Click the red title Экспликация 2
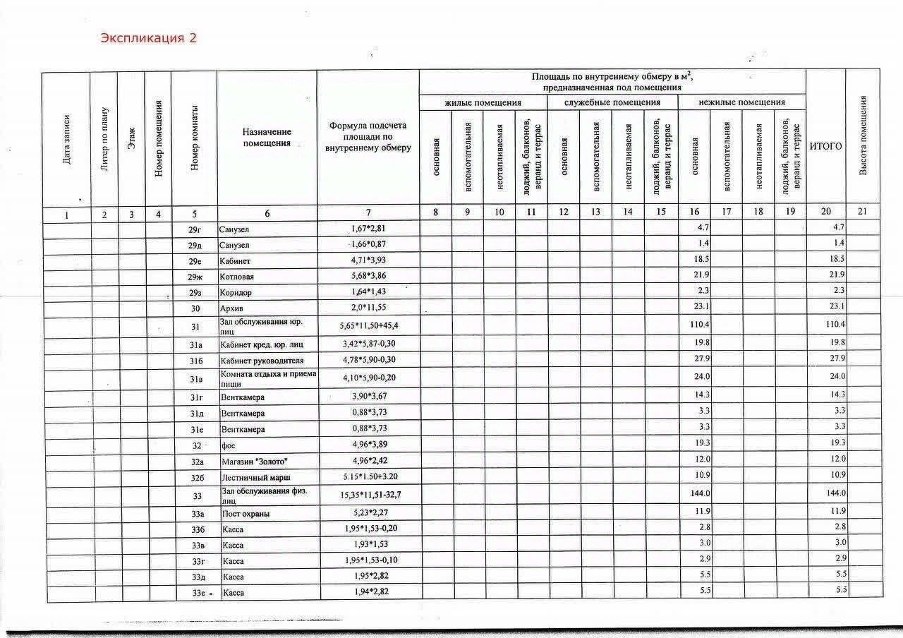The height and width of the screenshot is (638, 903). coord(148,38)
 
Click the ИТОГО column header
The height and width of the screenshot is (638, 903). coord(825,146)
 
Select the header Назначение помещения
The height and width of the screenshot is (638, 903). coord(267,137)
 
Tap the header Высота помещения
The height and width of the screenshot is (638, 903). coord(862,136)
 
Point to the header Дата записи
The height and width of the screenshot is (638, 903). coord(66,139)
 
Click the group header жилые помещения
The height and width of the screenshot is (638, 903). coord(483,102)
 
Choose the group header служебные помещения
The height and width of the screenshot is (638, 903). coord(612,102)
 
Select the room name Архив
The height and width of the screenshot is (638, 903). coord(232,308)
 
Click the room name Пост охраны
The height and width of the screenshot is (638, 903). coord(246,514)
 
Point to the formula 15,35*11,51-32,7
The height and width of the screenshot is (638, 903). coord(369,495)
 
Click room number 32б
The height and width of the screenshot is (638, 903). coord(195,478)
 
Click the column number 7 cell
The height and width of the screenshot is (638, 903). coord(368,213)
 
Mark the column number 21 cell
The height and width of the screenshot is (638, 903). coord(862,212)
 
